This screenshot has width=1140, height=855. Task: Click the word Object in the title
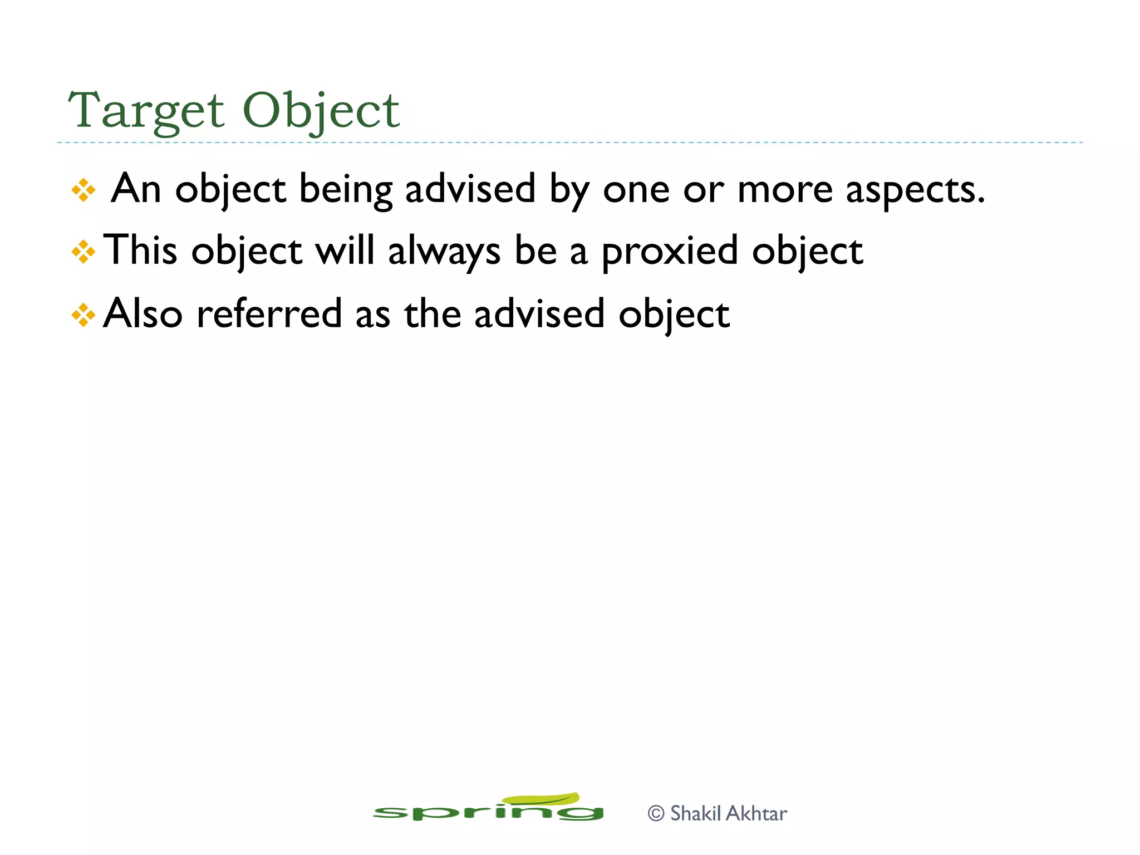pyautogui.click(x=321, y=110)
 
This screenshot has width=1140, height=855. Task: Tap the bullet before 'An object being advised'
pyautogui.click(x=83, y=190)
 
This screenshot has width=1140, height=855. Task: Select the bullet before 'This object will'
pyautogui.click(x=83, y=252)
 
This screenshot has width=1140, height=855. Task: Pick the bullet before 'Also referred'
pyautogui.click(x=83, y=315)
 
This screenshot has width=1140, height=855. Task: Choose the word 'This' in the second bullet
pyautogui.click(x=141, y=250)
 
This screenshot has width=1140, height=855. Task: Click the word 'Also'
pyautogui.click(x=143, y=314)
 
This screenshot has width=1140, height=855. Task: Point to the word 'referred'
pyautogui.click(x=269, y=314)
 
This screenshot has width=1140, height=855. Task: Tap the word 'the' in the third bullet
pyautogui.click(x=433, y=314)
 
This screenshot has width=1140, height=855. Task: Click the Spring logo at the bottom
pyautogui.click(x=488, y=808)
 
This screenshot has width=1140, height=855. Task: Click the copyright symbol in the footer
pyautogui.click(x=656, y=814)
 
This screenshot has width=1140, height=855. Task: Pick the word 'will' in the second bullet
pyautogui.click(x=345, y=250)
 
